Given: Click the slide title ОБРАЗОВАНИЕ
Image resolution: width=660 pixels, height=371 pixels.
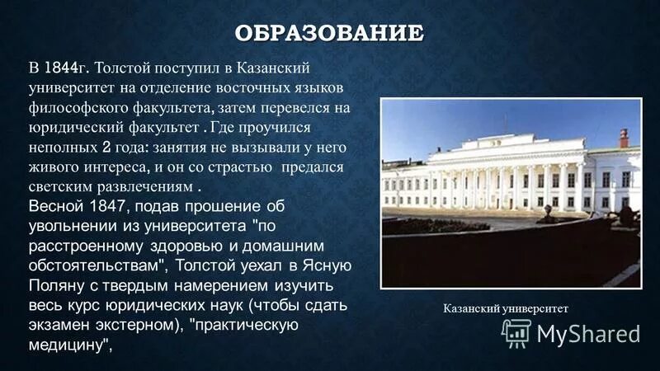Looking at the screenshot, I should coord(329,34).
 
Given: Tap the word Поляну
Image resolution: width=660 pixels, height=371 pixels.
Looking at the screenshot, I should coord(57,286).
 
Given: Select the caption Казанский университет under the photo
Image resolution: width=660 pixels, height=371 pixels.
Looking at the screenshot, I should coord(506,308).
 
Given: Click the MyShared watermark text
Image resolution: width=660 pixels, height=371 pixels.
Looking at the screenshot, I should coord(588,333).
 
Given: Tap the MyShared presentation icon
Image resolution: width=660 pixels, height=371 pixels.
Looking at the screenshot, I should coord(516,332).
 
